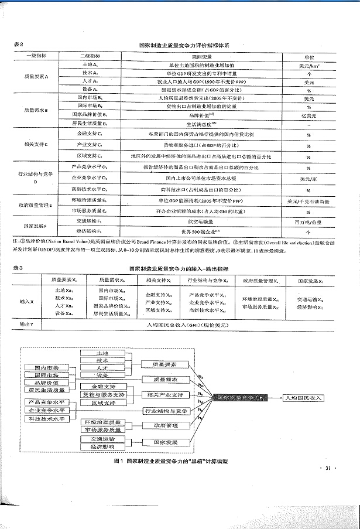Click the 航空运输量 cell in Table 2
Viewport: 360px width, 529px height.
200,223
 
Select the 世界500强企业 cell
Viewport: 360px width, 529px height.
200,231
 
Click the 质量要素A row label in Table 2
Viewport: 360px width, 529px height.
36,77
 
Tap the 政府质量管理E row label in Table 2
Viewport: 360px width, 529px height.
36,205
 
